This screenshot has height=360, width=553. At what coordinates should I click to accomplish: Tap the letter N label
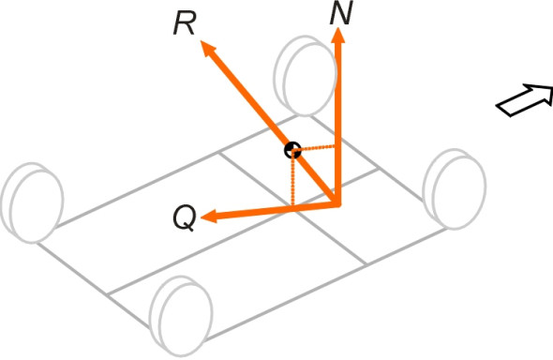[341, 13]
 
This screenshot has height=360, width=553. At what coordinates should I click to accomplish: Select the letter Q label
[185, 218]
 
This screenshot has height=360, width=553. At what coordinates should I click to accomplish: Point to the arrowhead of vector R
[208, 49]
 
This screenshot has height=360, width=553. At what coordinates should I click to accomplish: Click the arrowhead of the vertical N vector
[338, 36]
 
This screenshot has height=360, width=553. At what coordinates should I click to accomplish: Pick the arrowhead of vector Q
[208, 217]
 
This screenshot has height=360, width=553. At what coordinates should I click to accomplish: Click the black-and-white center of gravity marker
[292, 151]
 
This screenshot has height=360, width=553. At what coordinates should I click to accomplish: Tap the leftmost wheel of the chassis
[32, 202]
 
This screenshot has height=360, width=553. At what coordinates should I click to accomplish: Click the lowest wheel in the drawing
[181, 316]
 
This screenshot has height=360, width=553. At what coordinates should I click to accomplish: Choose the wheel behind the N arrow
[305, 75]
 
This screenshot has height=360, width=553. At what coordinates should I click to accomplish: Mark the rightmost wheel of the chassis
[455, 189]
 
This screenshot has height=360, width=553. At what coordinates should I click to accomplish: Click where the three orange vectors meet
[337, 203]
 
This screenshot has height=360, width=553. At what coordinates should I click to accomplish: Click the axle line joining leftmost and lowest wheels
[94, 284]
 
